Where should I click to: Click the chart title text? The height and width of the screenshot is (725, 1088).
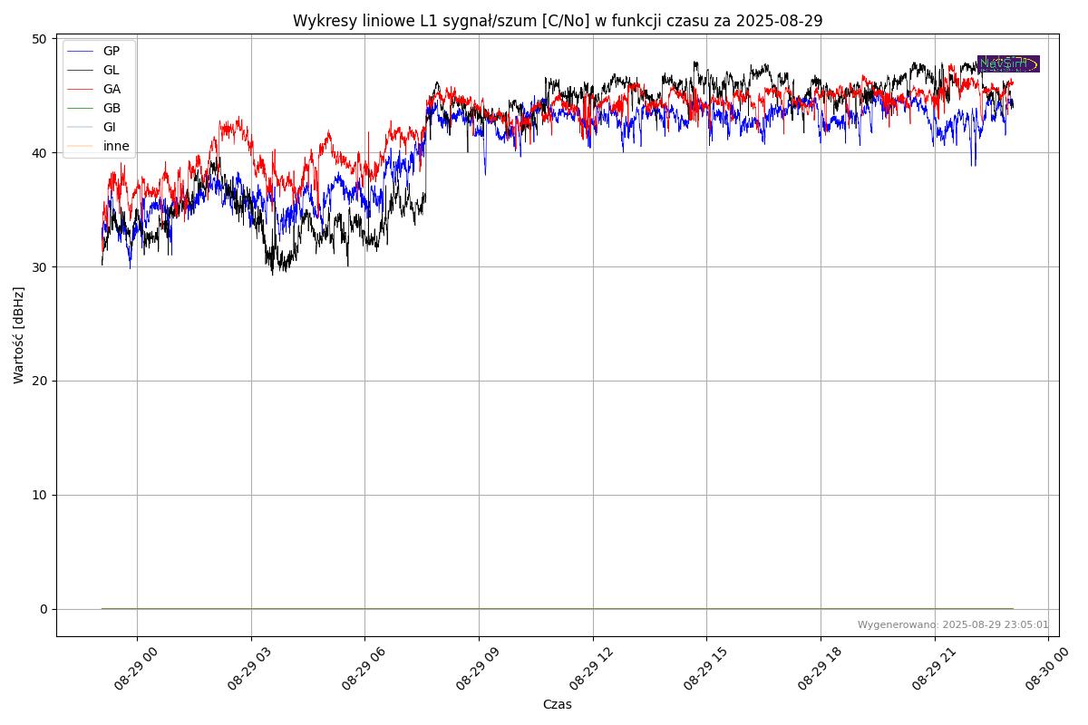pos(557,21)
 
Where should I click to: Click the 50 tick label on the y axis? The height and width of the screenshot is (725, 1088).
pos(39,39)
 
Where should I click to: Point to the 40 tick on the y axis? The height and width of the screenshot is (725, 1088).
pos(39,153)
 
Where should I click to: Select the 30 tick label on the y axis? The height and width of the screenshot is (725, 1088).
pos(39,267)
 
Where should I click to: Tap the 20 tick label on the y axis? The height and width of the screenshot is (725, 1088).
pos(39,381)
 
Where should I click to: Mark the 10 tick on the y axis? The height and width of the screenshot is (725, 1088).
pos(39,495)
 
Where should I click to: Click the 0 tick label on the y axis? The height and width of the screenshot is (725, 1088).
pos(43,609)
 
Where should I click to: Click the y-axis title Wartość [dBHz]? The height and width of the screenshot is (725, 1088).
pos(19,335)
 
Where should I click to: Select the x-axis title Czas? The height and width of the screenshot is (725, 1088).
pos(557,704)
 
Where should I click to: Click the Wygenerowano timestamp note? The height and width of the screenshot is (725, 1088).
pos(953,624)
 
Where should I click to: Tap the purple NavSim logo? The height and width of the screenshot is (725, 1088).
pos(1008,63)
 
